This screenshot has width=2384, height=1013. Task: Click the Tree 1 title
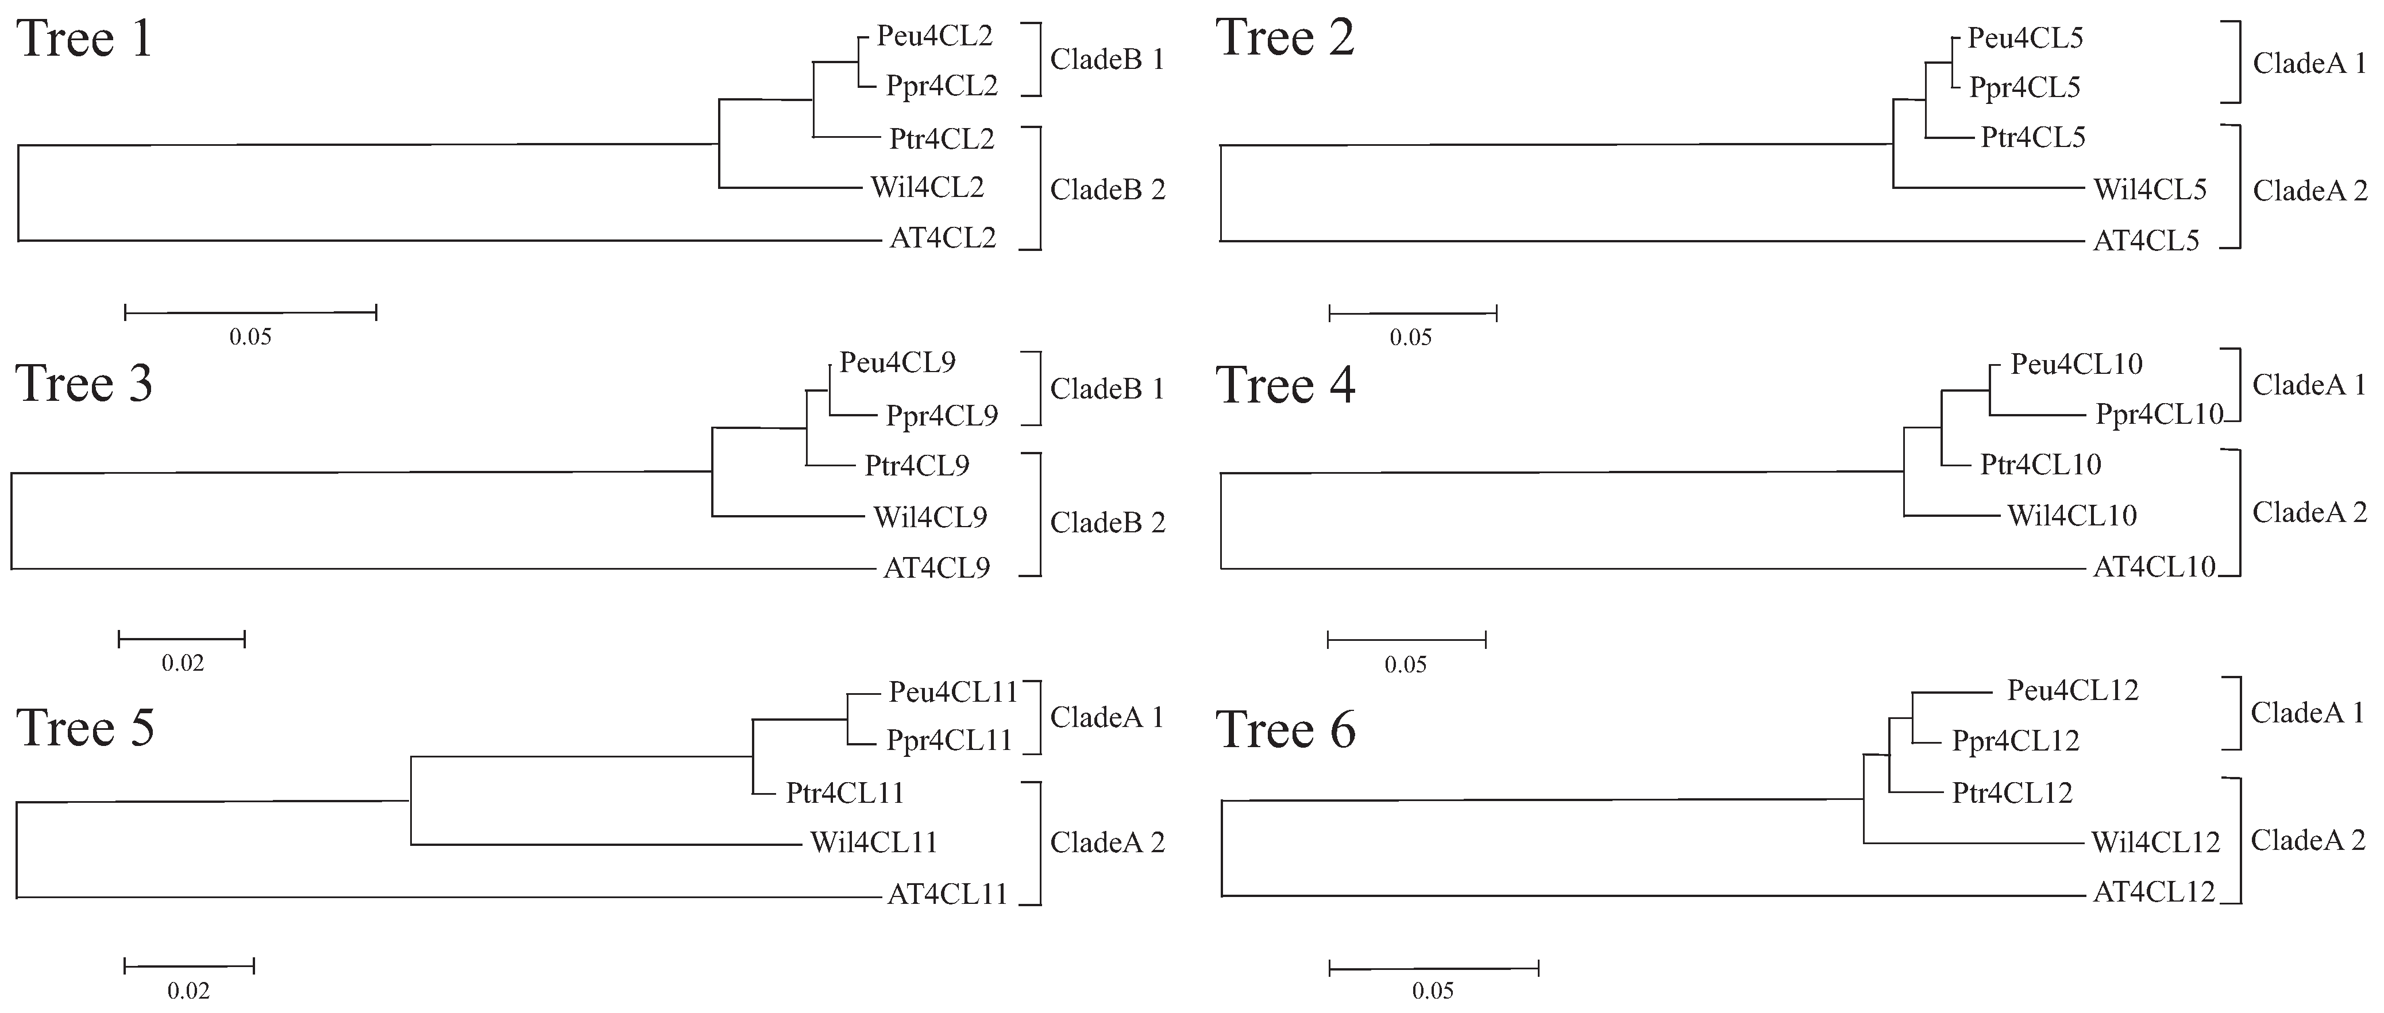click(x=84, y=39)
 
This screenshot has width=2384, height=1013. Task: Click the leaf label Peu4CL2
click(x=934, y=36)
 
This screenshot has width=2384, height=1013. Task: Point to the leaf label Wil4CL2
click(x=927, y=187)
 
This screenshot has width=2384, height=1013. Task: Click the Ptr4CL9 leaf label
click(x=916, y=465)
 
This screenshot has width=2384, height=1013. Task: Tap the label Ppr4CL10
click(x=2158, y=415)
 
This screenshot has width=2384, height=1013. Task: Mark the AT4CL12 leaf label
click(x=2154, y=892)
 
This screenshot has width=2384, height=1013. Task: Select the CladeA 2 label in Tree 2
click(x=2309, y=191)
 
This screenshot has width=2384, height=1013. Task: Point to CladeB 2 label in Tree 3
click(x=1107, y=523)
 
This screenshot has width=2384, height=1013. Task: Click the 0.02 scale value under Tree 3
click(x=182, y=662)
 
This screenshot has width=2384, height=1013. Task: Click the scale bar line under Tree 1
click(x=250, y=313)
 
